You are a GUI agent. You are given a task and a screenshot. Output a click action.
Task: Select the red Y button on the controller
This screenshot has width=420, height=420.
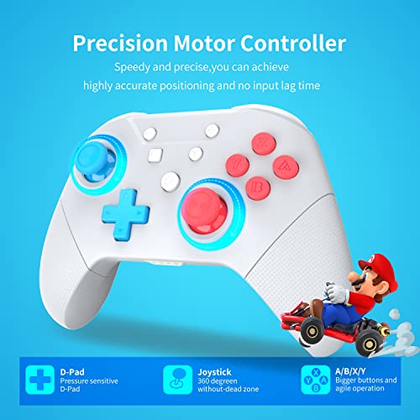coord(241,160)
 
